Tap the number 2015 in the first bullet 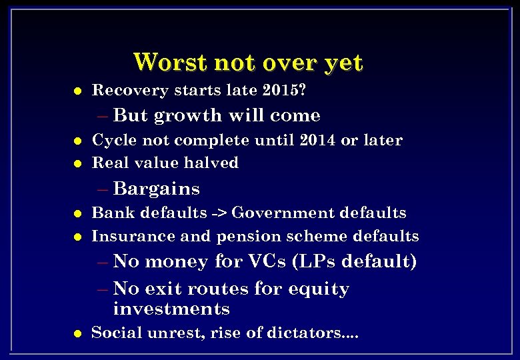pos(284,89)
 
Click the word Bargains pos(157,189)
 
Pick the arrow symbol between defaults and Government pos(219,213)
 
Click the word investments pos(171,309)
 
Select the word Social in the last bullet pos(114,333)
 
